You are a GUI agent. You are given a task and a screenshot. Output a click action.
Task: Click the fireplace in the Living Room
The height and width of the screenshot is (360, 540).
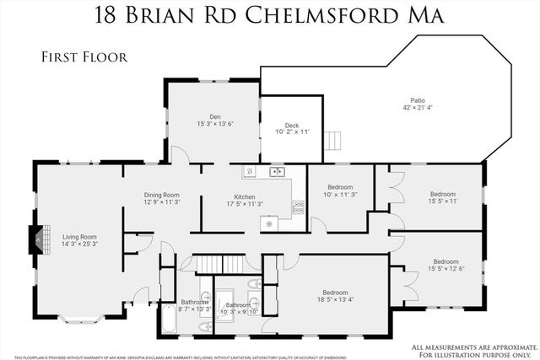pos(35,239)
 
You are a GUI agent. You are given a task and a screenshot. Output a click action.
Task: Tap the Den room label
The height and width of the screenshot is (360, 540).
pos(215,116)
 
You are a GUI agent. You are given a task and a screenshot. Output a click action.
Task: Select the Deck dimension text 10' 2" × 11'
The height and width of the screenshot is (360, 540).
pos(293,132)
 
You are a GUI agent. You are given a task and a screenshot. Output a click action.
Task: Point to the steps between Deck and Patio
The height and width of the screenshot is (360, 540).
pos(335,140)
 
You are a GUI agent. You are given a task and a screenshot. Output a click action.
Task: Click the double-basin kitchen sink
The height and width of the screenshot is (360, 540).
pos(276,172)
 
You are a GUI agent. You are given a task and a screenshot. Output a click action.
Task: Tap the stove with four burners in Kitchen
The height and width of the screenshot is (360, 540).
pos(298,206)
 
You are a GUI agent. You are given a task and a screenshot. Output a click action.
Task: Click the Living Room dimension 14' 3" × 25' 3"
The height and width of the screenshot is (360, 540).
pos(79,244)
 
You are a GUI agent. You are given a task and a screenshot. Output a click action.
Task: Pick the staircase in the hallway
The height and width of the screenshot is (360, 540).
pos(215,265)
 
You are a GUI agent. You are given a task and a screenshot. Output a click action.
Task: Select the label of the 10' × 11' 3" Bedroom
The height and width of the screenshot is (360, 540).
pos(339,186)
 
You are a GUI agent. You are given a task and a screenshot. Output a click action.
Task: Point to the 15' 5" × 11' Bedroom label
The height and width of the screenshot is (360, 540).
pos(442,194)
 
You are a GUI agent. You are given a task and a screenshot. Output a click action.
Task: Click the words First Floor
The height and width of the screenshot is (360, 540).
pos(84,57)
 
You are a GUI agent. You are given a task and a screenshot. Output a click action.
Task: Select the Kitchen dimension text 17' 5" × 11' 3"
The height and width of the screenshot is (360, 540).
pos(244,204)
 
